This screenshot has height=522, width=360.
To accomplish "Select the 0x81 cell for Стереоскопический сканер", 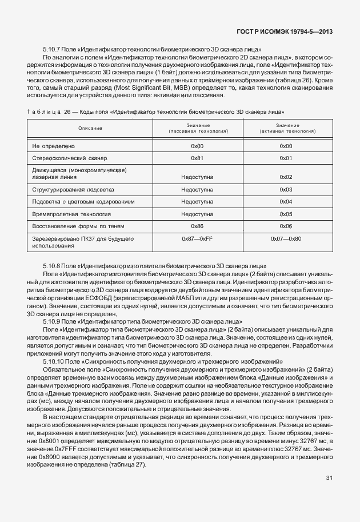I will (x=197, y=158).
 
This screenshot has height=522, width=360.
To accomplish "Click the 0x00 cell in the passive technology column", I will (x=197, y=146).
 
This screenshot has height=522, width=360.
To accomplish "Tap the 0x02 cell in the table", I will (x=286, y=177).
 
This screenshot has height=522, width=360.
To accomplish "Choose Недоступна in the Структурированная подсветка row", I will (x=197, y=189).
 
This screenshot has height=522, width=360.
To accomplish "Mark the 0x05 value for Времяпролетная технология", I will (x=286, y=214).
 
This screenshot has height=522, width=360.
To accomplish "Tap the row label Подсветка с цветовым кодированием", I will (x=83, y=201).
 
